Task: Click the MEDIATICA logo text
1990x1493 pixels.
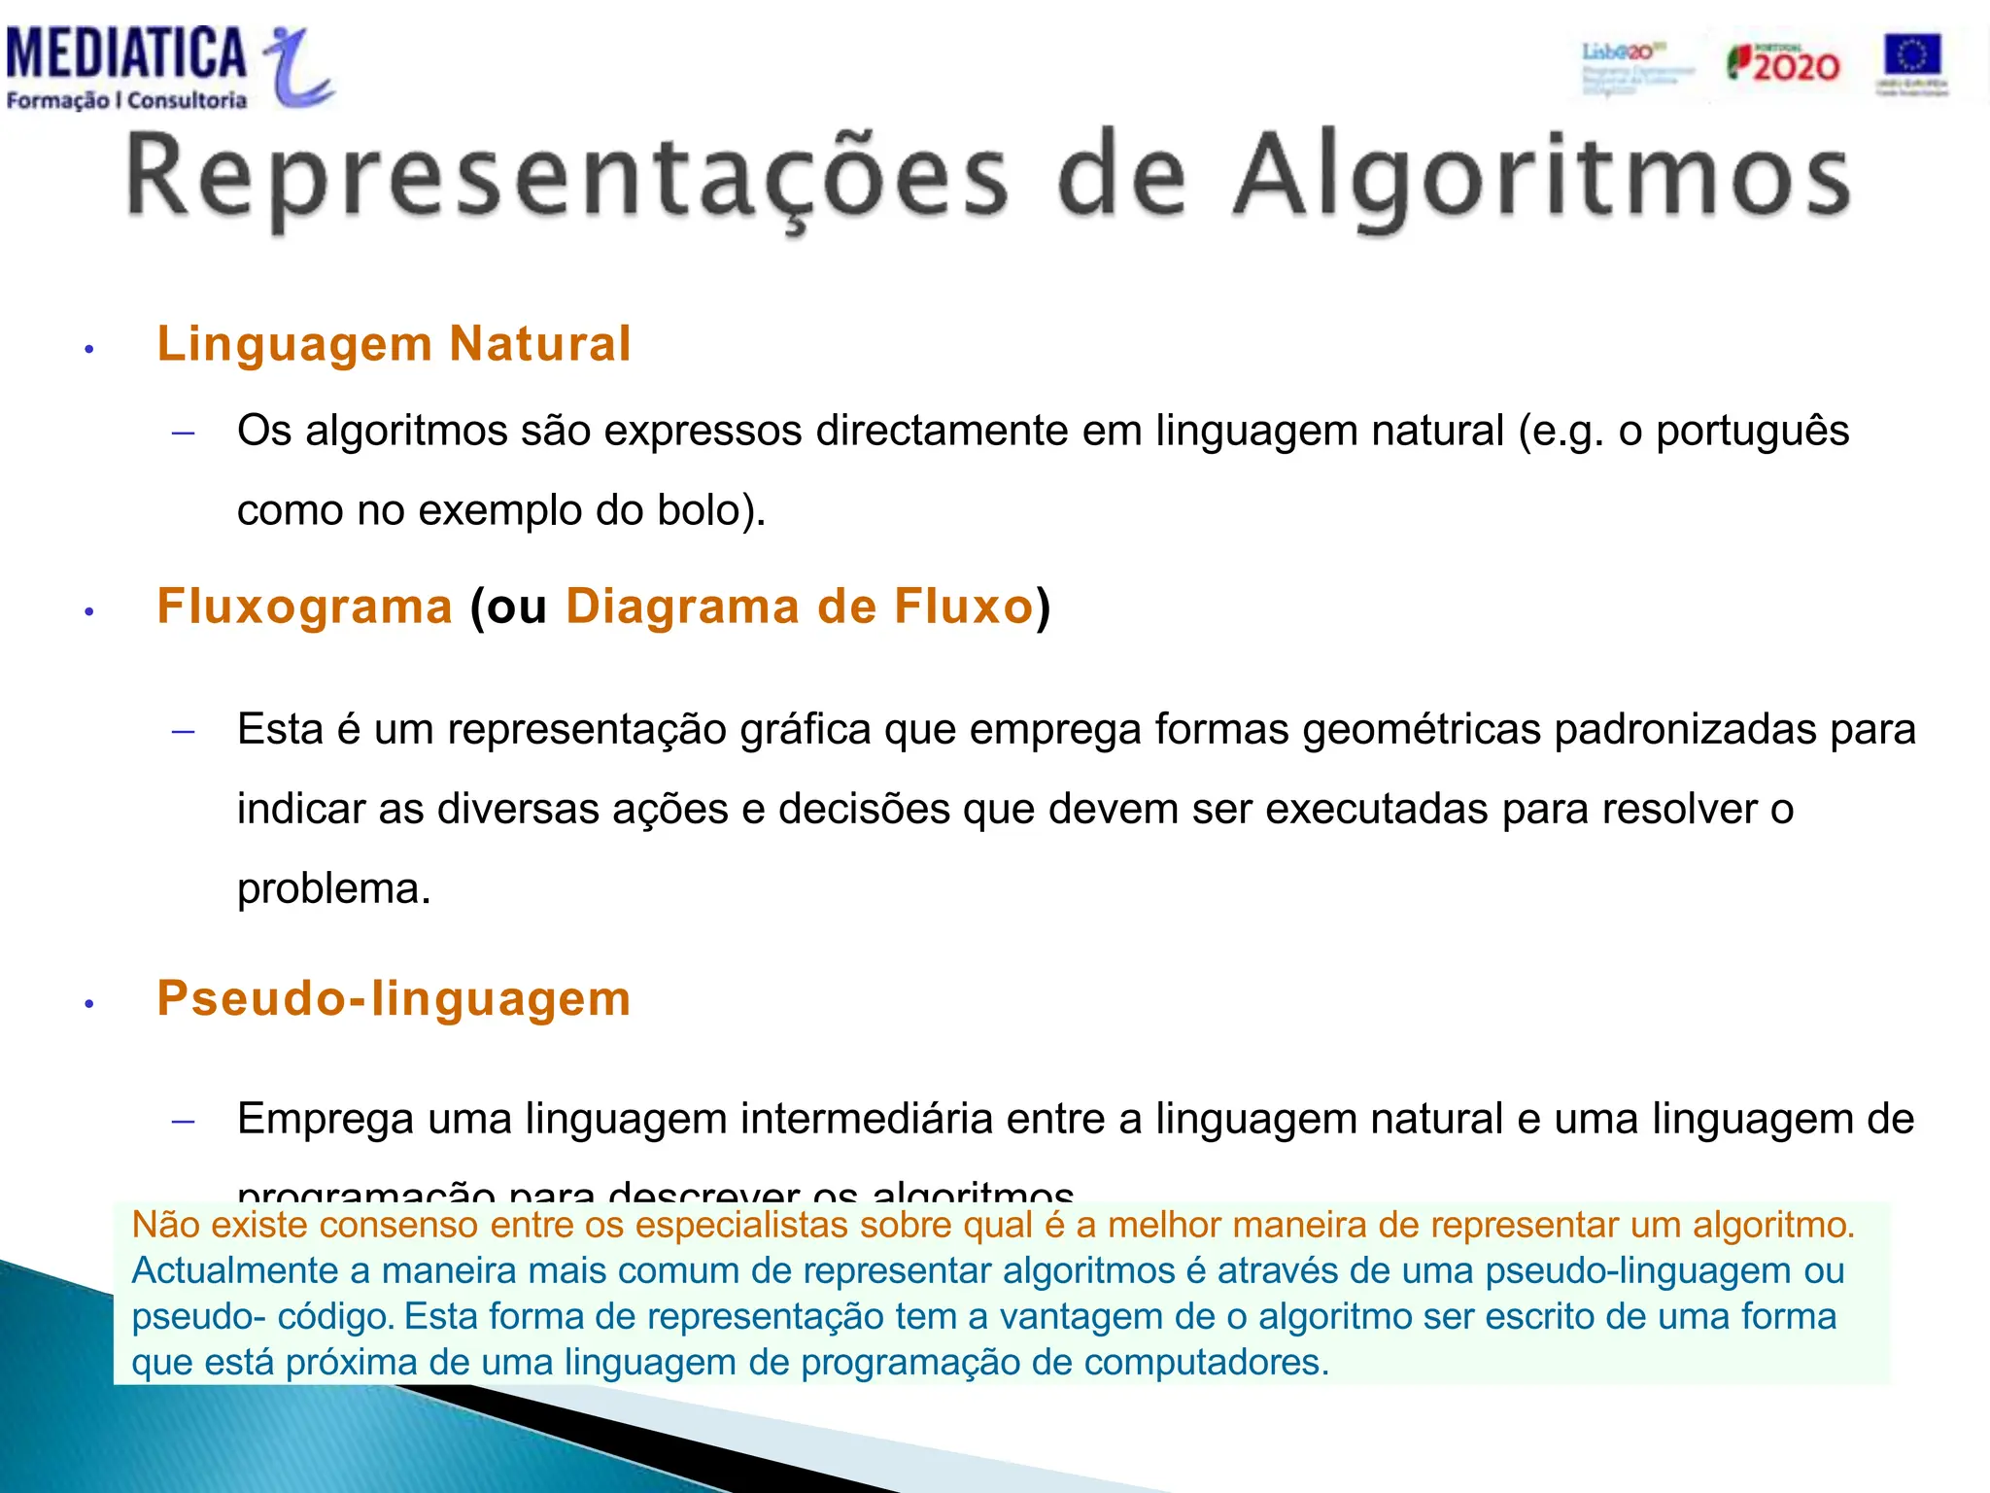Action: tap(126, 54)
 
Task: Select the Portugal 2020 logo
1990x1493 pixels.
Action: tap(1783, 64)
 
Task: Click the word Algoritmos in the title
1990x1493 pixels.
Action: tap(1541, 177)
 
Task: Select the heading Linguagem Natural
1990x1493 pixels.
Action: tap(395, 344)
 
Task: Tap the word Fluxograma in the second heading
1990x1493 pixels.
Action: tap(305, 607)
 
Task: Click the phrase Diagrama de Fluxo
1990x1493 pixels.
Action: tap(800, 607)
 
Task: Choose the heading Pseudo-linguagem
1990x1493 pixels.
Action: tap(395, 999)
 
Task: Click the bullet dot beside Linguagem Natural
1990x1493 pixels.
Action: tap(88, 349)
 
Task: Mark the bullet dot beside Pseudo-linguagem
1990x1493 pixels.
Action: tap(88, 1004)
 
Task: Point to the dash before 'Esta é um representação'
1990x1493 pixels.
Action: tap(183, 731)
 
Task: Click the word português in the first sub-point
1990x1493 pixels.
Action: tap(1752, 432)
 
